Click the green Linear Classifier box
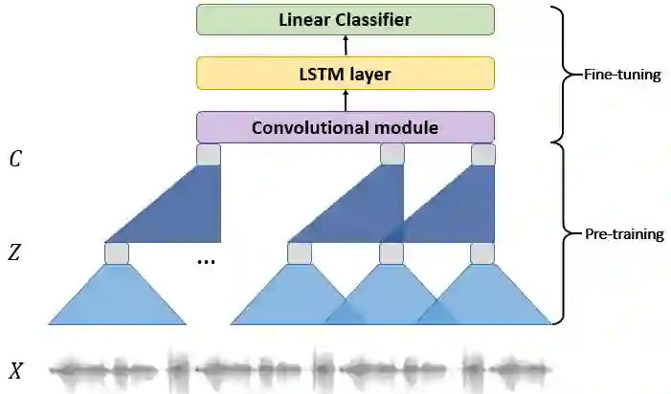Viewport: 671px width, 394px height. (346, 20)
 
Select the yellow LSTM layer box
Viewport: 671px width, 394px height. (346, 73)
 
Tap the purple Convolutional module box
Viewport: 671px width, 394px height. (346, 127)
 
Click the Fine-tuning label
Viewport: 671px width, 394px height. (622, 74)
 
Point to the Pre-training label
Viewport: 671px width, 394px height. (624, 233)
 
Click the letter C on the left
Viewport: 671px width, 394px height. (15, 159)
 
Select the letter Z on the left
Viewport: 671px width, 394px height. (15, 253)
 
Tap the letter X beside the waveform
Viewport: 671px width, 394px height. (16, 371)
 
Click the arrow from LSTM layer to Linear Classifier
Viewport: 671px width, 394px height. (346, 46)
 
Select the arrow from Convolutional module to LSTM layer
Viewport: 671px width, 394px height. (346, 100)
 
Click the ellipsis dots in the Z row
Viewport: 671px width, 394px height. (207, 259)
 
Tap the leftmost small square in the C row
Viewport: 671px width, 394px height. (209, 155)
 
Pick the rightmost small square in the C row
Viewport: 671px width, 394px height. (483, 155)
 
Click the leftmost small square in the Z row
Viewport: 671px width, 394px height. (117, 253)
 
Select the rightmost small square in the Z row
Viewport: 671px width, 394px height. (483, 253)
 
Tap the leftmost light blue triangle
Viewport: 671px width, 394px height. (117, 296)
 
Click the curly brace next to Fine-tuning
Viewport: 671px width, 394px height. (565, 74)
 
